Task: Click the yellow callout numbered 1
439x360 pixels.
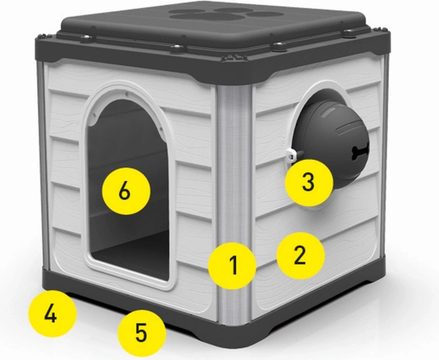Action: tap(232, 265)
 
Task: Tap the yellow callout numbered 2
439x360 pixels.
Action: tap(301, 255)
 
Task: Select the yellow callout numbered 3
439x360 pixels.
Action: tap(309, 183)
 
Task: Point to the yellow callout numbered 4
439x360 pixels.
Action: tap(53, 314)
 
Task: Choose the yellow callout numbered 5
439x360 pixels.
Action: tap(141, 333)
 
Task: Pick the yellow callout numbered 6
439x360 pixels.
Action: tap(126, 191)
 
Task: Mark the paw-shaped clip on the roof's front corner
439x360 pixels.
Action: tap(235, 57)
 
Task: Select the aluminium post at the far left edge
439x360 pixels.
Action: tap(42, 165)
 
